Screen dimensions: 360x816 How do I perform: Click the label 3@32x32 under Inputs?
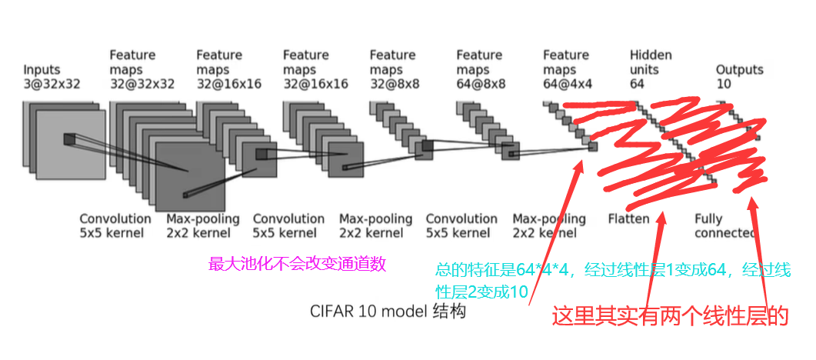click(x=52, y=84)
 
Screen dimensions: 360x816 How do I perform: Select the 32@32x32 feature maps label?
click(x=142, y=84)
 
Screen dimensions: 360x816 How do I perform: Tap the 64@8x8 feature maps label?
click(x=481, y=84)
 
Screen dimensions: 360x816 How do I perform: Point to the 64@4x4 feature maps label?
click(x=568, y=84)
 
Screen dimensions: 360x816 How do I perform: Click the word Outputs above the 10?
click(x=739, y=70)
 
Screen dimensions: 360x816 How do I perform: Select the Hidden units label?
click(x=651, y=62)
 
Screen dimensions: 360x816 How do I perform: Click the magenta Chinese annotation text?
click(x=297, y=265)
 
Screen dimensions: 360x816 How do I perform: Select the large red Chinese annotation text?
click(x=671, y=315)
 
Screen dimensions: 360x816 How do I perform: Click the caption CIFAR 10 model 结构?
click(x=388, y=312)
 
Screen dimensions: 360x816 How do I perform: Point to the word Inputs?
click(x=42, y=70)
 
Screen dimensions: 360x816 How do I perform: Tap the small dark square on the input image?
click(x=70, y=138)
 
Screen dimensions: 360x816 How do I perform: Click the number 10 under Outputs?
click(x=724, y=84)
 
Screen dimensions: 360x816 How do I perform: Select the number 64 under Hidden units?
click(x=637, y=84)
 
